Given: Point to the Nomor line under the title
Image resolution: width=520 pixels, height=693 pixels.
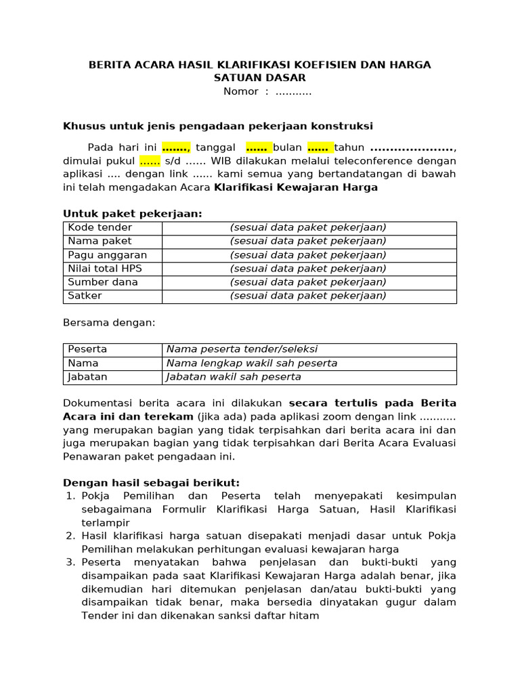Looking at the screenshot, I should pyautogui.click(x=267, y=92).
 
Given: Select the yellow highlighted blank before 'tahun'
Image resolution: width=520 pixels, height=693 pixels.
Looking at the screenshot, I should pyautogui.click(x=318, y=148).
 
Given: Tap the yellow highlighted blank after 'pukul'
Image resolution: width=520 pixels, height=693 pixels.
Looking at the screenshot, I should pyautogui.click(x=150, y=161).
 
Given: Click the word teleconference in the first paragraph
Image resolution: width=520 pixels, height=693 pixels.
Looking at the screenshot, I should pyautogui.click(x=371, y=161).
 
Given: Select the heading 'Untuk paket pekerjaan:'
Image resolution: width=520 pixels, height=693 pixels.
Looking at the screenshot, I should pyautogui.click(x=133, y=214).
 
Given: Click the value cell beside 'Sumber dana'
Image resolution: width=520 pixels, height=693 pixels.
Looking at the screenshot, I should pyautogui.click(x=308, y=282).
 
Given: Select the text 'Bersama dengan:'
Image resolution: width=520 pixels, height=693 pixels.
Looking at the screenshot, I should pyautogui.click(x=109, y=323).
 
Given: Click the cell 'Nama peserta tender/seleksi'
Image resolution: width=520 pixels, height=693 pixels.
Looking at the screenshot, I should pyautogui.click(x=242, y=350).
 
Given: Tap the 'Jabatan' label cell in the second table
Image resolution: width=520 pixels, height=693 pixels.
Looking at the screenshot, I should pyautogui.click(x=87, y=377).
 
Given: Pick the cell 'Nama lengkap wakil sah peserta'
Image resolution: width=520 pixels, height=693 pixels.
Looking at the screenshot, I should pyautogui.click(x=252, y=363).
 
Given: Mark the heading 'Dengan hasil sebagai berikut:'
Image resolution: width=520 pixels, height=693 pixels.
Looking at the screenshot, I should pyautogui.click(x=151, y=483).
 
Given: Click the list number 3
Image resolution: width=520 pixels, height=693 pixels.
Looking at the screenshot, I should pyautogui.click(x=70, y=562).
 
